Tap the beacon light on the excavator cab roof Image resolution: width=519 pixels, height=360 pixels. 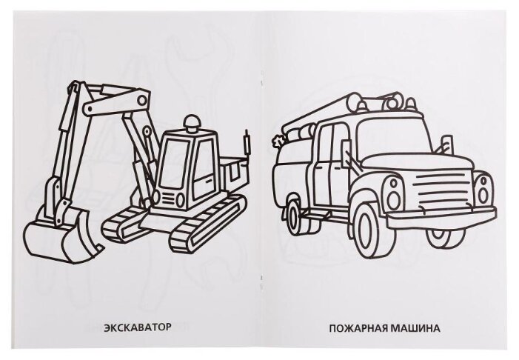[192, 124]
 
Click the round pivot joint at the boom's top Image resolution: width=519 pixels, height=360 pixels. [141, 100]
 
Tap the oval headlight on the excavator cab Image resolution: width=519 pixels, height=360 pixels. [180, 199]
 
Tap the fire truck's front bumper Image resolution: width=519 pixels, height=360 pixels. [442, 217]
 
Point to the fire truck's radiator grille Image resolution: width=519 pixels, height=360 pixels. [444, 190]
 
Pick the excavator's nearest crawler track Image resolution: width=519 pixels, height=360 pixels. [209, 224]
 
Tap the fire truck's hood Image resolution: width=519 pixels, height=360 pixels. [418, 163]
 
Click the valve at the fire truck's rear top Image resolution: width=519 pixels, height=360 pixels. [277, 141]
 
